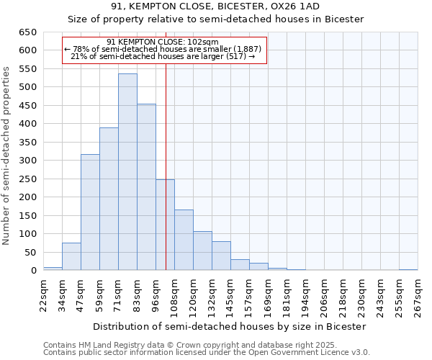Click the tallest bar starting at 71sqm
(127, 172)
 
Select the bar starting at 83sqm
(146, 187)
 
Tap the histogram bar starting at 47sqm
(90, 212)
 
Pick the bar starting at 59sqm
(109, 199)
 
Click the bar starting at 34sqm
(71, 256)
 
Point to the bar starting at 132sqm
(221, 256)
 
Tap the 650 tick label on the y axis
(27, 32)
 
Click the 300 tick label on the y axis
(27, 161)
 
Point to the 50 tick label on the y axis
(30, 253)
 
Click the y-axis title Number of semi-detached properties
(6, 156)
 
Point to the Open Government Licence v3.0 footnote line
(207, 352)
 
